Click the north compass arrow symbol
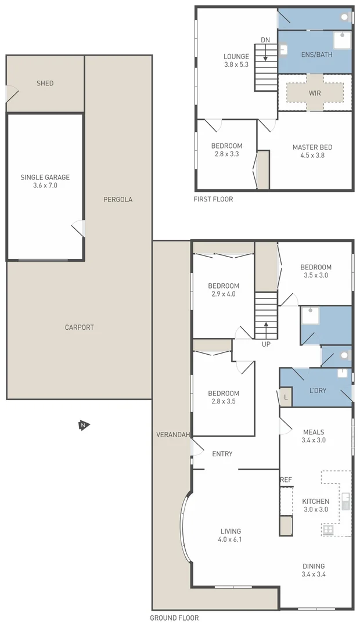coord(83,426)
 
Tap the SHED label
coord(45,84)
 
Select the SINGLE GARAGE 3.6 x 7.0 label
coord(45,182)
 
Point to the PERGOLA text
coord(118,200)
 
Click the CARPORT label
coord(79,327)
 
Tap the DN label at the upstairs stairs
coord(265,40)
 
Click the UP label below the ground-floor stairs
coord(266,344)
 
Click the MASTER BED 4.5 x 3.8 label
coord(312,152)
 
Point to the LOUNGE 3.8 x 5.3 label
coord(236,60)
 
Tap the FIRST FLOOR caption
coord(213,199)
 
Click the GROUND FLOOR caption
coord(174,618)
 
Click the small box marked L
coord(286,397)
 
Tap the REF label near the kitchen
coord(286,480)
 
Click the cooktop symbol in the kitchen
coord(328,529)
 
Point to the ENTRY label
coord(222,454)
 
